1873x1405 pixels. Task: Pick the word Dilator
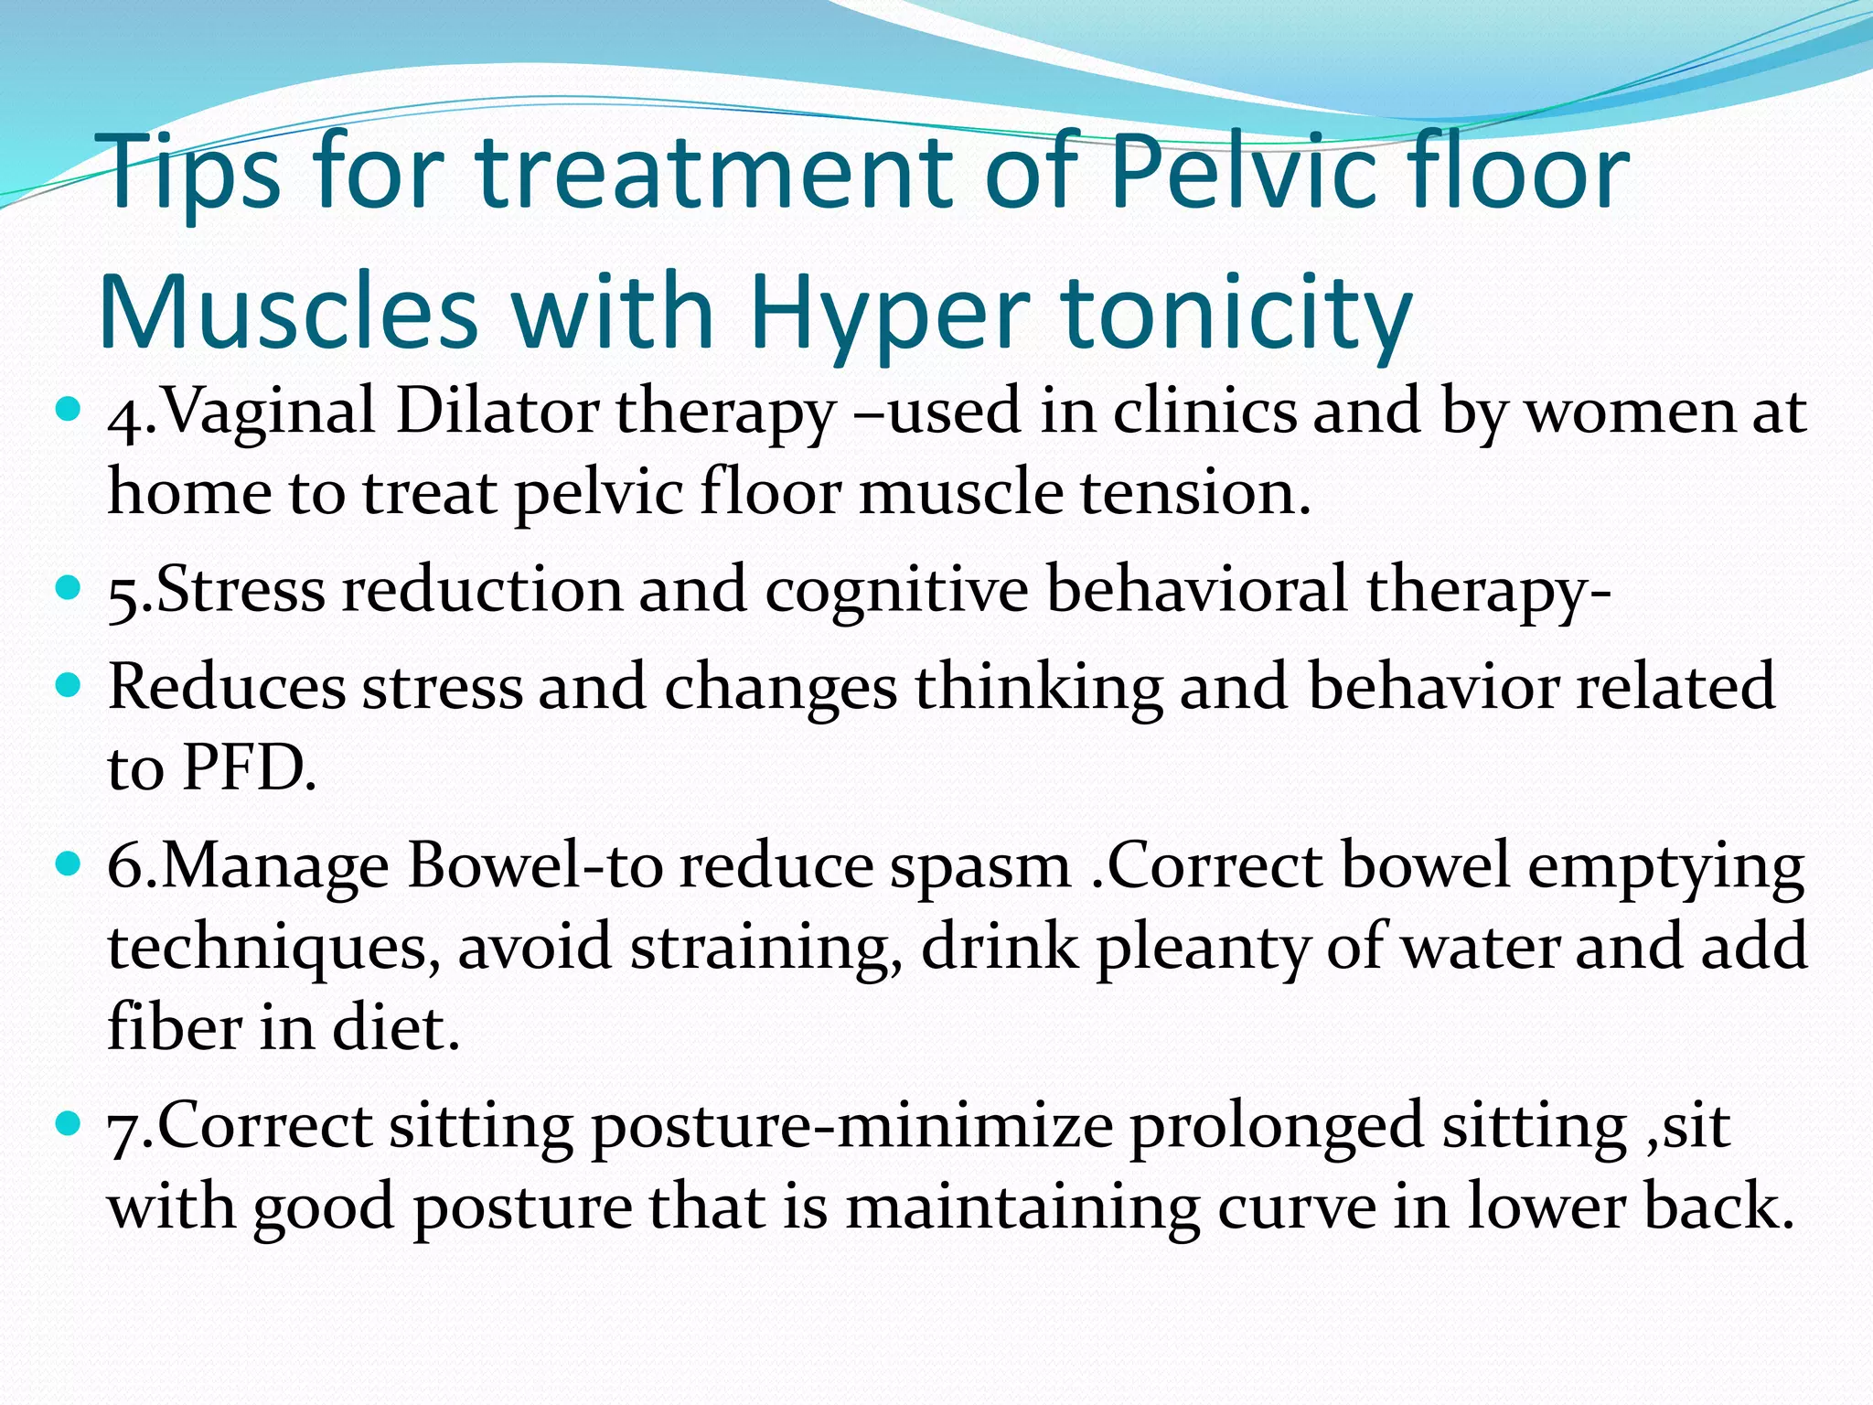497,412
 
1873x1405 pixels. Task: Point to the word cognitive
896,591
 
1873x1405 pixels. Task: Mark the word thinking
1038,687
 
